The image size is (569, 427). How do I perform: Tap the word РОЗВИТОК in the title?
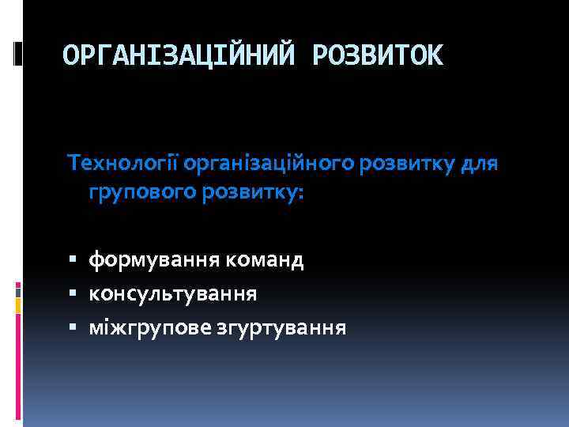click(x=379, y=55)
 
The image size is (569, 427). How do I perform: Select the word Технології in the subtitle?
click(x=124, y=164)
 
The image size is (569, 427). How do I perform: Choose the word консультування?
click(x=172, y=293)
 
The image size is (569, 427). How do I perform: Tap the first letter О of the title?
click(x=71, y=55)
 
